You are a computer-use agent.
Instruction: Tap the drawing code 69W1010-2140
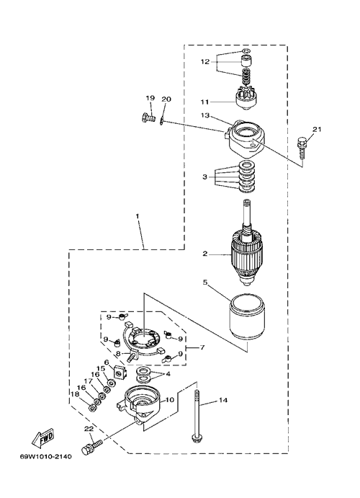coord(45,457)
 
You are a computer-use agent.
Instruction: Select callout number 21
coord(317,129)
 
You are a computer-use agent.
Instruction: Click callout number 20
coord(166,99)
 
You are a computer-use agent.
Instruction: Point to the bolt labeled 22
coord(91,444)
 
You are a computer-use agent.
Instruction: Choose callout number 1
coord(138,215)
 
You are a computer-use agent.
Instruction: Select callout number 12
coord(205,61)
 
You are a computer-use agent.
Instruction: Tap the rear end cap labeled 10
coord(140,404)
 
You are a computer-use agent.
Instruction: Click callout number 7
coord(202,347)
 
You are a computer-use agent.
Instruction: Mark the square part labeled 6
coord(120,372)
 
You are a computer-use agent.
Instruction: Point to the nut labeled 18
coord(93,408)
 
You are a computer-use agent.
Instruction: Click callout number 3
coord(205,177)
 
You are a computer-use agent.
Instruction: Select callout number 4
coord(168,374)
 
